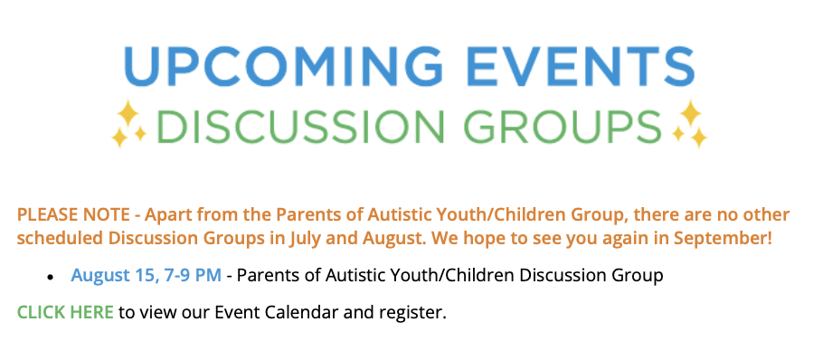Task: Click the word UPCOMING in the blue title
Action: point(283,67)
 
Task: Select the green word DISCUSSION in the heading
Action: point(301,126)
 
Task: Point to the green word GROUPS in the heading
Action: point(563,126)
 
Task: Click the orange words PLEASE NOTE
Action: point(73,214)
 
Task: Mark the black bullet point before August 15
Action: point(51,277)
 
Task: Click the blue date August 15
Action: point(112,276)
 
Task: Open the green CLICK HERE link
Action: point(65,312)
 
